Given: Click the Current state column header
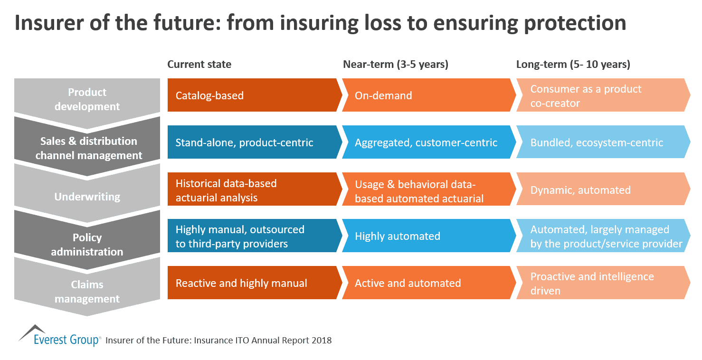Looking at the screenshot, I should tap(199, 65).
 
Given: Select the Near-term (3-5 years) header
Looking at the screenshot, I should tap(396, 65).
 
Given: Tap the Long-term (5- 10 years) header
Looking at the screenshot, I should tap(573, 65).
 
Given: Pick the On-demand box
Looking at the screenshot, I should tap(427, 95).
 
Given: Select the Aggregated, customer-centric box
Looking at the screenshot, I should tap(427, 142).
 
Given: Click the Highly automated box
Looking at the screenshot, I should tap(427, 236).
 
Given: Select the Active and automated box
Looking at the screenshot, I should tap(427, 283).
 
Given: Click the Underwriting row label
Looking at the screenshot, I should tap(87, 197).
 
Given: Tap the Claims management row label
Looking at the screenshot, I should tap(87, 292).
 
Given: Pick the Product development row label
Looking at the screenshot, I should tap(87, 99).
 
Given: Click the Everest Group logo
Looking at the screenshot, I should tap(59, 336).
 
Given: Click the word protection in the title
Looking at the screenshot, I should tap(578, 23).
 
